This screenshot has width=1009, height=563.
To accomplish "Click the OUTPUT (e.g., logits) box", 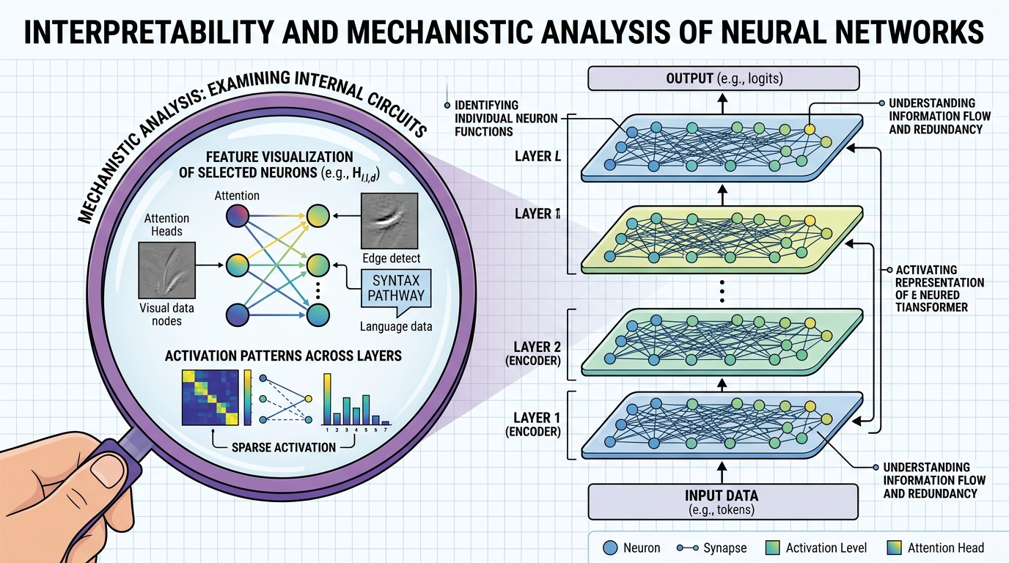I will pos(722,78).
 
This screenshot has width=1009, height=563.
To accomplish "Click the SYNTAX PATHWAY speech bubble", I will pos(398,288).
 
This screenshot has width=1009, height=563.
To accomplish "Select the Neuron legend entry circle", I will pos(610,548).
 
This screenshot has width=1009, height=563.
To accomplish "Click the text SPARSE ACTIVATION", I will pos(283,446).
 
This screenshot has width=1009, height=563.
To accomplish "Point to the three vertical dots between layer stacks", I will pos(722,291).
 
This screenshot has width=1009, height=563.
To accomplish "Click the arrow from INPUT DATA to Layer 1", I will pos(722,471).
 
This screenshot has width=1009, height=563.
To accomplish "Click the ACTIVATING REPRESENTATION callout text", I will pos(931,289).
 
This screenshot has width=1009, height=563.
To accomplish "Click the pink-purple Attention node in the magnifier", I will pos(238,216).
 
